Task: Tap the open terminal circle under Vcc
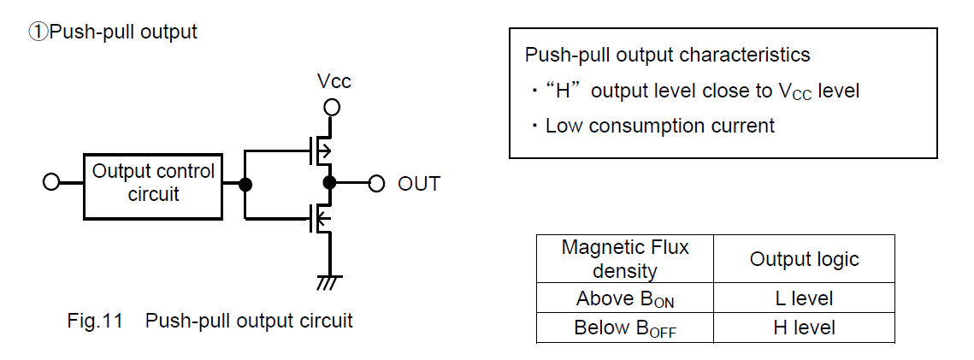[x=332, y=108]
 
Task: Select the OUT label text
[x=419, y=184]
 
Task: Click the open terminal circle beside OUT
[x=376, y=184]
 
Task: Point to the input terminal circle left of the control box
[x=51, y=183]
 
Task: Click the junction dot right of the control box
[x=245, y=184]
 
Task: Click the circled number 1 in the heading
[x=38, y=32]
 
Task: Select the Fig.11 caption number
[x=95, y=322]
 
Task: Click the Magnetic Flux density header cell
[x=625, y=259]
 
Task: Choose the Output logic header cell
[x=804, y=259]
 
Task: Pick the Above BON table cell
[x=625, y=299]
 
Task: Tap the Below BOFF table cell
[x=625, y=328]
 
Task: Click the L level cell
[x=804, y=299]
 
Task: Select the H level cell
[x=804, y=328]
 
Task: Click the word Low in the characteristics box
[x=564, y=127]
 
